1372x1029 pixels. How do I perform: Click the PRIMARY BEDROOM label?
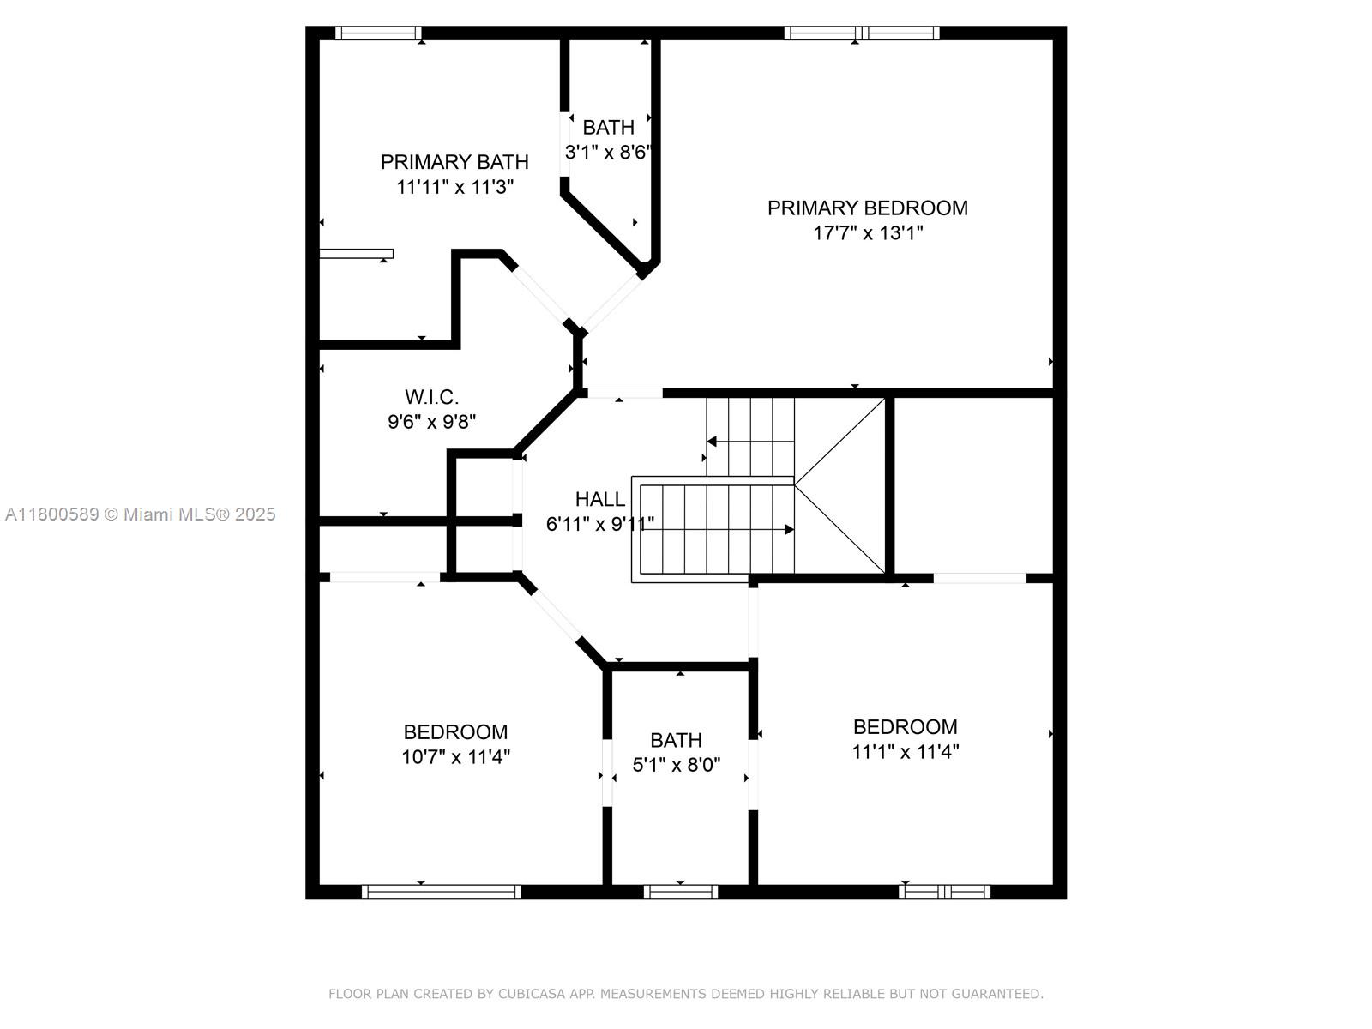coord(868,208)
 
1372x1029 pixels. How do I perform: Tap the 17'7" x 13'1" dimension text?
coord(868,233)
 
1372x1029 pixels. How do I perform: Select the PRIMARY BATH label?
coord(454,162)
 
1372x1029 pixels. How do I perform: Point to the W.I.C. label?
coord(431,397)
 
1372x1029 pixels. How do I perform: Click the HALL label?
coord(600,499)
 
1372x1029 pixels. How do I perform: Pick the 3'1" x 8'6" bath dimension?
coord(608,152)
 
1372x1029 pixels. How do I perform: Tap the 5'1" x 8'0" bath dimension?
coord(677,765)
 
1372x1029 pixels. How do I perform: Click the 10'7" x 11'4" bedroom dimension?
coord(455,757)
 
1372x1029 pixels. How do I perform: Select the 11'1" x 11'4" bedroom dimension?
coord(905,752)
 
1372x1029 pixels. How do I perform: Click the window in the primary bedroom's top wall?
coord(862,33)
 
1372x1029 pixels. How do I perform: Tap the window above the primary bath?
coord(378,33)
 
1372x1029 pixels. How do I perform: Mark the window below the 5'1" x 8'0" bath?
coord(681,892)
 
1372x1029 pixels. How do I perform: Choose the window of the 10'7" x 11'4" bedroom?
coord(442,892)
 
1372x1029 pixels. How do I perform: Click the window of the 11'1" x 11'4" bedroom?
coord(944,892)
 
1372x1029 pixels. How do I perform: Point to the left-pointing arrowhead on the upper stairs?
coord(712,442)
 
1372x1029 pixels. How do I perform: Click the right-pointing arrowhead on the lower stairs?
coord(790,530)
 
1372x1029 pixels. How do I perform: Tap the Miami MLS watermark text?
coord(140,514)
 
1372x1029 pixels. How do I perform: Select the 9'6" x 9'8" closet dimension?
coord(431,422)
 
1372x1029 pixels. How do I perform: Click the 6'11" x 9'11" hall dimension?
coord(600,524)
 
